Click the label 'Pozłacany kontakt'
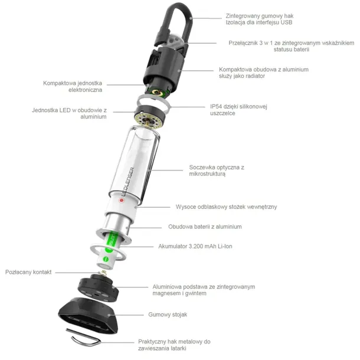point(28,272)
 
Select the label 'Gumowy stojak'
point(169,315)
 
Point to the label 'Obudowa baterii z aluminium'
point(205,227)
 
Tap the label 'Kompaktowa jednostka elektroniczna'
point(73,86)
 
